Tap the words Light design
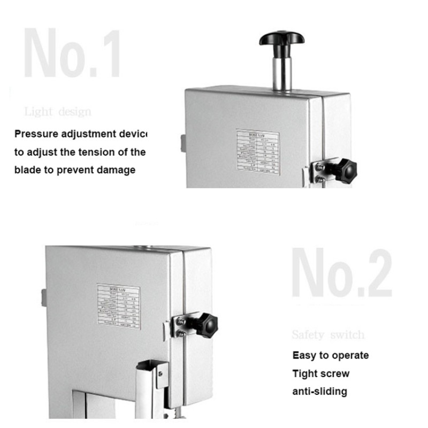point(58,112)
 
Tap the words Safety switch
point(328,335)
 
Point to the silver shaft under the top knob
point(282,72)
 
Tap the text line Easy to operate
point(330,355)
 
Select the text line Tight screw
point(320,373)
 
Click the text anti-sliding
point(319,391)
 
